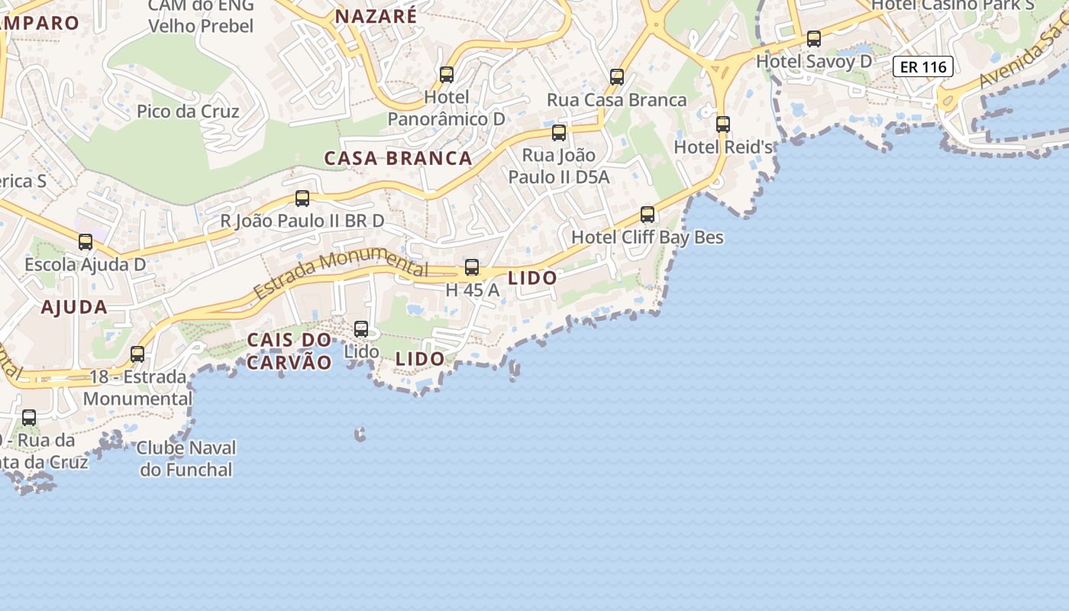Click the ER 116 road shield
coord(923,67)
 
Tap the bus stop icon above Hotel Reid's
coord(722,124)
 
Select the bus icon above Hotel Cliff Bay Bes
coord(648,215)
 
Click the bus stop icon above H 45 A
coord(472,267)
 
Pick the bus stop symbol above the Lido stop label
coord(361,329)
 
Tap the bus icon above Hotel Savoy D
coord(814,39)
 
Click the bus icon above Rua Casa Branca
coord(617,77)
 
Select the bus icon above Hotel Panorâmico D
coord(447,75)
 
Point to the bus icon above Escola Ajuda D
coord(86,242)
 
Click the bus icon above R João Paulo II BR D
coord(302,199)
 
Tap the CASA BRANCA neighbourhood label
coord(398,159)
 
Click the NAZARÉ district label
coord(376,16)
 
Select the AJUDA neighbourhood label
coord(74,307)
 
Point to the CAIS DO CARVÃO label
coord(289,351)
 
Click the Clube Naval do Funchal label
coord(186,458)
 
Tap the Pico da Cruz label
coord(188,112)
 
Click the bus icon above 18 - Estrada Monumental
coord(137,354)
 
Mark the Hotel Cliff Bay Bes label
coord(648,238)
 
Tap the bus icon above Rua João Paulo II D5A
coord(559,133)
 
